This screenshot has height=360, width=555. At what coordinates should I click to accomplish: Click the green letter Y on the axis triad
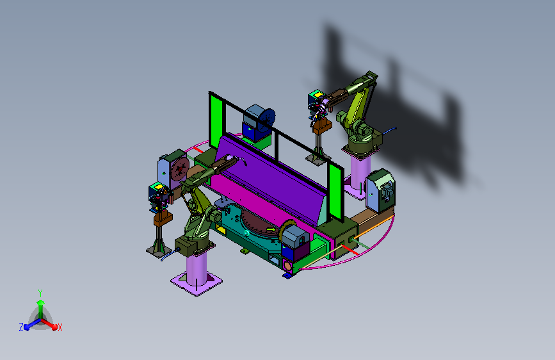click(x=40, y=293)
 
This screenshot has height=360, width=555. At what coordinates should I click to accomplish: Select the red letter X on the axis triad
click(x=60, y=327)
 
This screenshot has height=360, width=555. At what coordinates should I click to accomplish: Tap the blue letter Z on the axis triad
click(x=21, y=327)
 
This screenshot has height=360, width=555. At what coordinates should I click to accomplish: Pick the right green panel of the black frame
click(x=335, y=192)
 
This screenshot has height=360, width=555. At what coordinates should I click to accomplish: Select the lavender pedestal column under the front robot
click(x=197, y=268)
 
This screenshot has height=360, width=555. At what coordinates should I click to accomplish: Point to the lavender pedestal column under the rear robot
click(x=360, y=171)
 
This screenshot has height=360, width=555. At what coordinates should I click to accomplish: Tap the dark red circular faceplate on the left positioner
click(x=180, y=169)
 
